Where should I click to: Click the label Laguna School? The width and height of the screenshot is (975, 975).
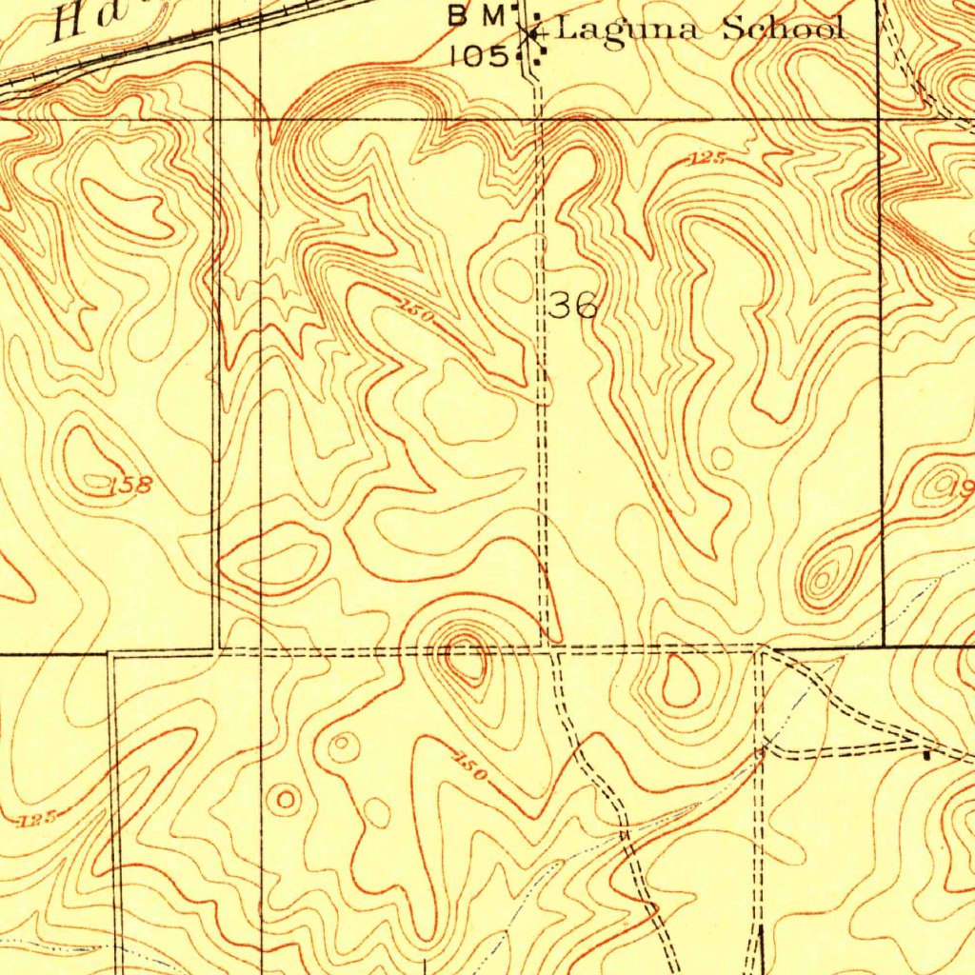699,30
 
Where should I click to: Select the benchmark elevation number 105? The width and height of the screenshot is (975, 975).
480,55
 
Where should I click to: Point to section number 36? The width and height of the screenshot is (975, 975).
573,306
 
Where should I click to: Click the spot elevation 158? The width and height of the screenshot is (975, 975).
129,486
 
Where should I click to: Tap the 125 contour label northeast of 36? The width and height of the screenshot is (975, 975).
707,161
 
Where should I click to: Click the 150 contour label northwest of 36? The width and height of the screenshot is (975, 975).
417,313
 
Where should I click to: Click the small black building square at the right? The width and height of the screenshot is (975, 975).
928,755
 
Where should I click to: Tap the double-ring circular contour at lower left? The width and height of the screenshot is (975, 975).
285,799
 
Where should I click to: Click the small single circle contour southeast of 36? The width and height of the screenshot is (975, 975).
723,459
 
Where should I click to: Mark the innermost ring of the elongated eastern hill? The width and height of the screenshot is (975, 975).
823,576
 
